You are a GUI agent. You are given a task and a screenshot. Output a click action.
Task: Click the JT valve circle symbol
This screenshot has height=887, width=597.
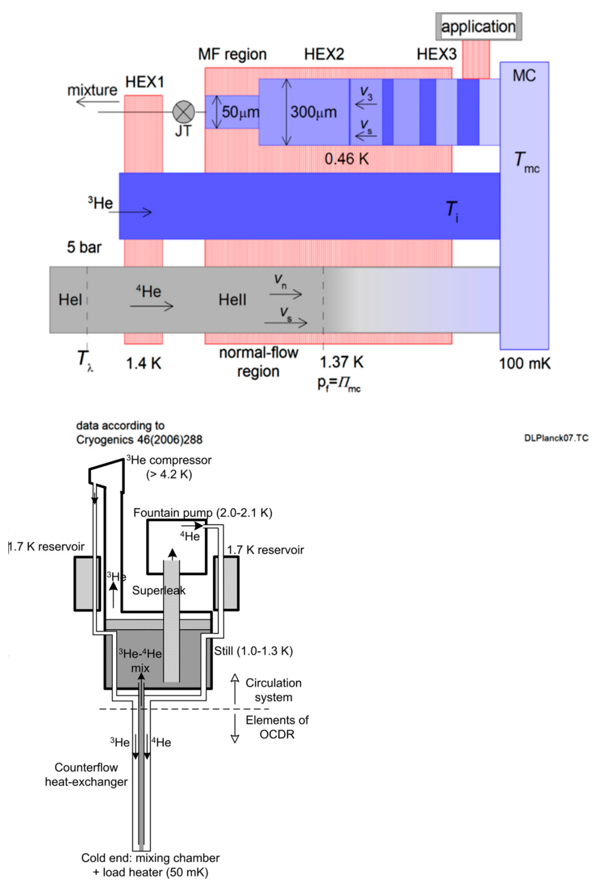[184, 112]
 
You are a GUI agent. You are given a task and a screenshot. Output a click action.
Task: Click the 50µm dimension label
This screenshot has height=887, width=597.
[240, 112]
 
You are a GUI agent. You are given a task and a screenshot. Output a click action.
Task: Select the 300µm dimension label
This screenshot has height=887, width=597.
[313, 112]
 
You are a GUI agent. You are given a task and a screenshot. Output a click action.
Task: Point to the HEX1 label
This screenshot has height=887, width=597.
[144, 82]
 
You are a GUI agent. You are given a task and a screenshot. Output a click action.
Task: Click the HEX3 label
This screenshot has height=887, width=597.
[436, 54]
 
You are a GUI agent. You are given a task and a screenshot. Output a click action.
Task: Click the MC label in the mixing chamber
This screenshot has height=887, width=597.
[524, 76]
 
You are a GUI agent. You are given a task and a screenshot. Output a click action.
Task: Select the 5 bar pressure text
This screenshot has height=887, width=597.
[84, 248]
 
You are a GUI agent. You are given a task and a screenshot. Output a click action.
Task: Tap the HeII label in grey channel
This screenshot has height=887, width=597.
[232, 300]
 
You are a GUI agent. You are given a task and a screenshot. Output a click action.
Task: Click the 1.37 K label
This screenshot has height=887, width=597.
[342, 362]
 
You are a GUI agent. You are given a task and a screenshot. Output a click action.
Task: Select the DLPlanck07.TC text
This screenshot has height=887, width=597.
[556, 438]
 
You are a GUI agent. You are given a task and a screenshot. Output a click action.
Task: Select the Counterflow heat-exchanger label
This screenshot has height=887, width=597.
[86, 774]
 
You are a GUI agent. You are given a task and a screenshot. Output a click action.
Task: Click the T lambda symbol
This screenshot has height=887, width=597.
[85, 360]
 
